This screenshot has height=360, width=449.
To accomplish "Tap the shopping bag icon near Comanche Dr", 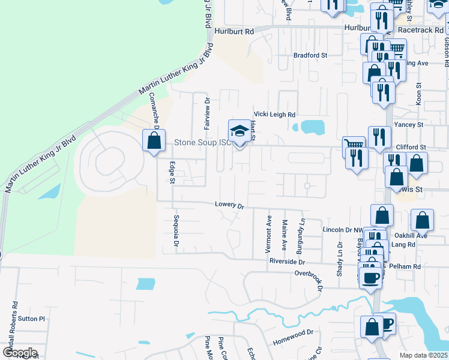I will [x=154, y=140].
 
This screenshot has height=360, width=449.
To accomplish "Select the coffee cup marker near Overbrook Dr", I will [x=370, y=277].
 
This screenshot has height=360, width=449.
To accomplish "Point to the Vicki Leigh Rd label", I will [x=275, y=114].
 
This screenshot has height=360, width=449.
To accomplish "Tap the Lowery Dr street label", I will [x=230, y=205].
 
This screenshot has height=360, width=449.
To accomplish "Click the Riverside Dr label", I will [x=287, y=262].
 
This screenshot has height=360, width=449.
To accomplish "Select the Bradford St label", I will [x=310, y=55].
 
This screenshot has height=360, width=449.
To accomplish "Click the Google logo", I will [x=20, y=353].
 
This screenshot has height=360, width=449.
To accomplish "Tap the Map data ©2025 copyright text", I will [x=423, y=355].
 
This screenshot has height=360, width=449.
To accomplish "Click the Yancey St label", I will [x=408, y=125].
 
